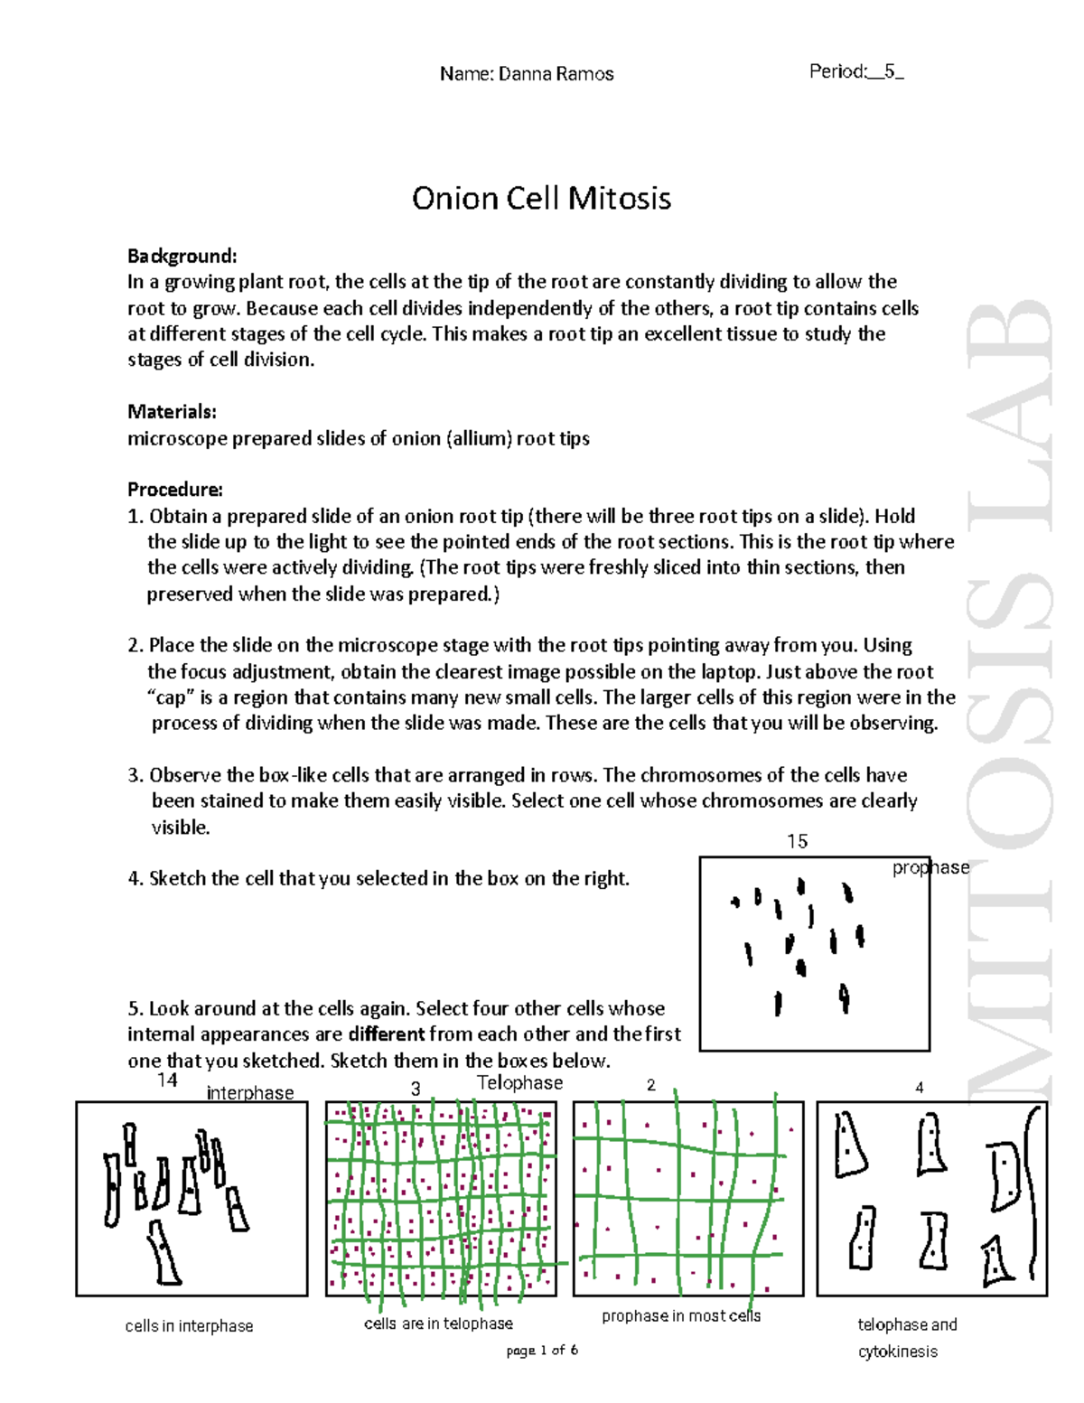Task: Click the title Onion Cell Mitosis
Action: pyautogui.click(x=541, y=198)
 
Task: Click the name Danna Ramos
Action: pyautogui.click(x=527, y=74)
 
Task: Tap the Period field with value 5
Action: pyautogui.click(x=856, y=72)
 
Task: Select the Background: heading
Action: pyautogui.click(x=182, y=256)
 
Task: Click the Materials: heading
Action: pyautogui.click(x=172, y=412)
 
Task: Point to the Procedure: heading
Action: pyautogui.click(x=174, y=490)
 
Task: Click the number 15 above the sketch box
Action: pyautogui.click(x=797, y=841)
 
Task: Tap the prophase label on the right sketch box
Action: pyautogui.click(x=930, y=867)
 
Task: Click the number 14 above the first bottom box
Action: pyautogui.click(x=167, y=1080)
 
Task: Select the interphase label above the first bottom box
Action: pyautogui.click(x=250, y=1093)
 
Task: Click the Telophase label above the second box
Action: pyautogui.click(x=519, y=1082)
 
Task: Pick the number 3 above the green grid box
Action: pyautogui.click(x=416, y=1089)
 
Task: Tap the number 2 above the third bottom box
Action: pyautogui.click(x=650, y=1085)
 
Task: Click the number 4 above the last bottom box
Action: pyautogui.click(x=920, y=1088)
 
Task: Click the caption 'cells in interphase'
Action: pyautogui.click(x=189, y=1326)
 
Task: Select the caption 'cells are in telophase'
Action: pyautogui.click(x=438, y=1323)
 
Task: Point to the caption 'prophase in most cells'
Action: pyautogui.click(x=681, y=1316)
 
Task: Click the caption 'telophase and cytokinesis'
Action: pyautogui.click(x=906, y=1337)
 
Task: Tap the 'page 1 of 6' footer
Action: pyautogui.click(x=542, y=1350)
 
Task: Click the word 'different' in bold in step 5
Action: pyautogui.click(x=386, y=1034)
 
